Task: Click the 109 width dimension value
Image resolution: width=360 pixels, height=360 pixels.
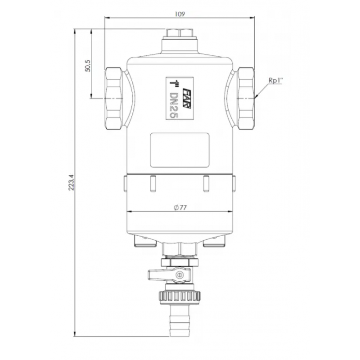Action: point(180,14)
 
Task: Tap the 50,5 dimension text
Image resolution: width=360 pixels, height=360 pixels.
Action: point(88,66)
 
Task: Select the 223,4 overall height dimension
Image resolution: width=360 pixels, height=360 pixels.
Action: point(72,183)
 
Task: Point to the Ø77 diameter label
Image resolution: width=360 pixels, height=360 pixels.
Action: point(180,207)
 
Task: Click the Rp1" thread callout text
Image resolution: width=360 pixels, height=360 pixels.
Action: point(276,81)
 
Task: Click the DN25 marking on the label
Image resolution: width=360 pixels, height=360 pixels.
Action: point(174,105)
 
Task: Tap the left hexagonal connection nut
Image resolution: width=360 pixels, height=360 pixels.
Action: point(113,99)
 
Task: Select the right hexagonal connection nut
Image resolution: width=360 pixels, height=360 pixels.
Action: point(245,99)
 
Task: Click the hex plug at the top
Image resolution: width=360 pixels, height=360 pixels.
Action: point(180,33)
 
